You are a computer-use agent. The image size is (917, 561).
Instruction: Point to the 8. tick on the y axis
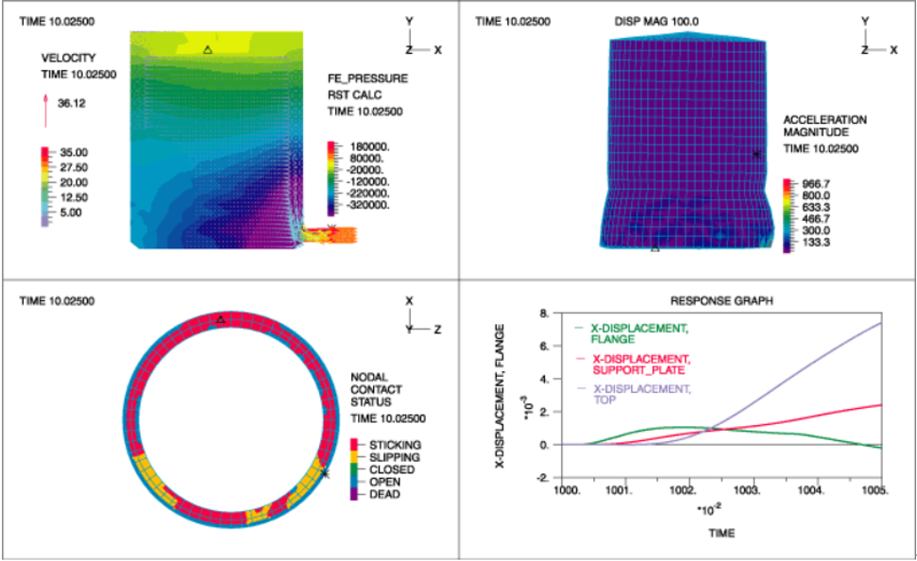543,313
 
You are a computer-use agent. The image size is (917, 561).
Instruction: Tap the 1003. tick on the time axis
746,491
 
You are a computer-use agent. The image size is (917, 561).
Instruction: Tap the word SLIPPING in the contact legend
396,456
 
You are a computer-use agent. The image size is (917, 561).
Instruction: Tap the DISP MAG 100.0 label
655,20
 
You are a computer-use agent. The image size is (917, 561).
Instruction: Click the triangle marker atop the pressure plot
208,49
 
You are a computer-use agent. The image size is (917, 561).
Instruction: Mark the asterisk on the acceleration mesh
756,154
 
